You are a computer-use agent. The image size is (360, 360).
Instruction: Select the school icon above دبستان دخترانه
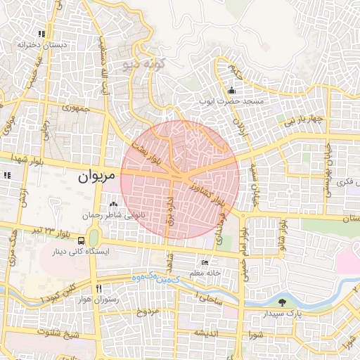(x=42, y=33)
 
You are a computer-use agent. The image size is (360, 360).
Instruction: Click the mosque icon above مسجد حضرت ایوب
(x=232, y=90)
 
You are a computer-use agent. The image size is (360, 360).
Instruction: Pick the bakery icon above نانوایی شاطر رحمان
(x=114, y=203)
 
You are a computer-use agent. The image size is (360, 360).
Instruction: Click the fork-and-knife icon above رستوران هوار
(x=99, y=288)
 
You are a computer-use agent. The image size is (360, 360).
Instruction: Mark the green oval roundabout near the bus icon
(x=94, y=238)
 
